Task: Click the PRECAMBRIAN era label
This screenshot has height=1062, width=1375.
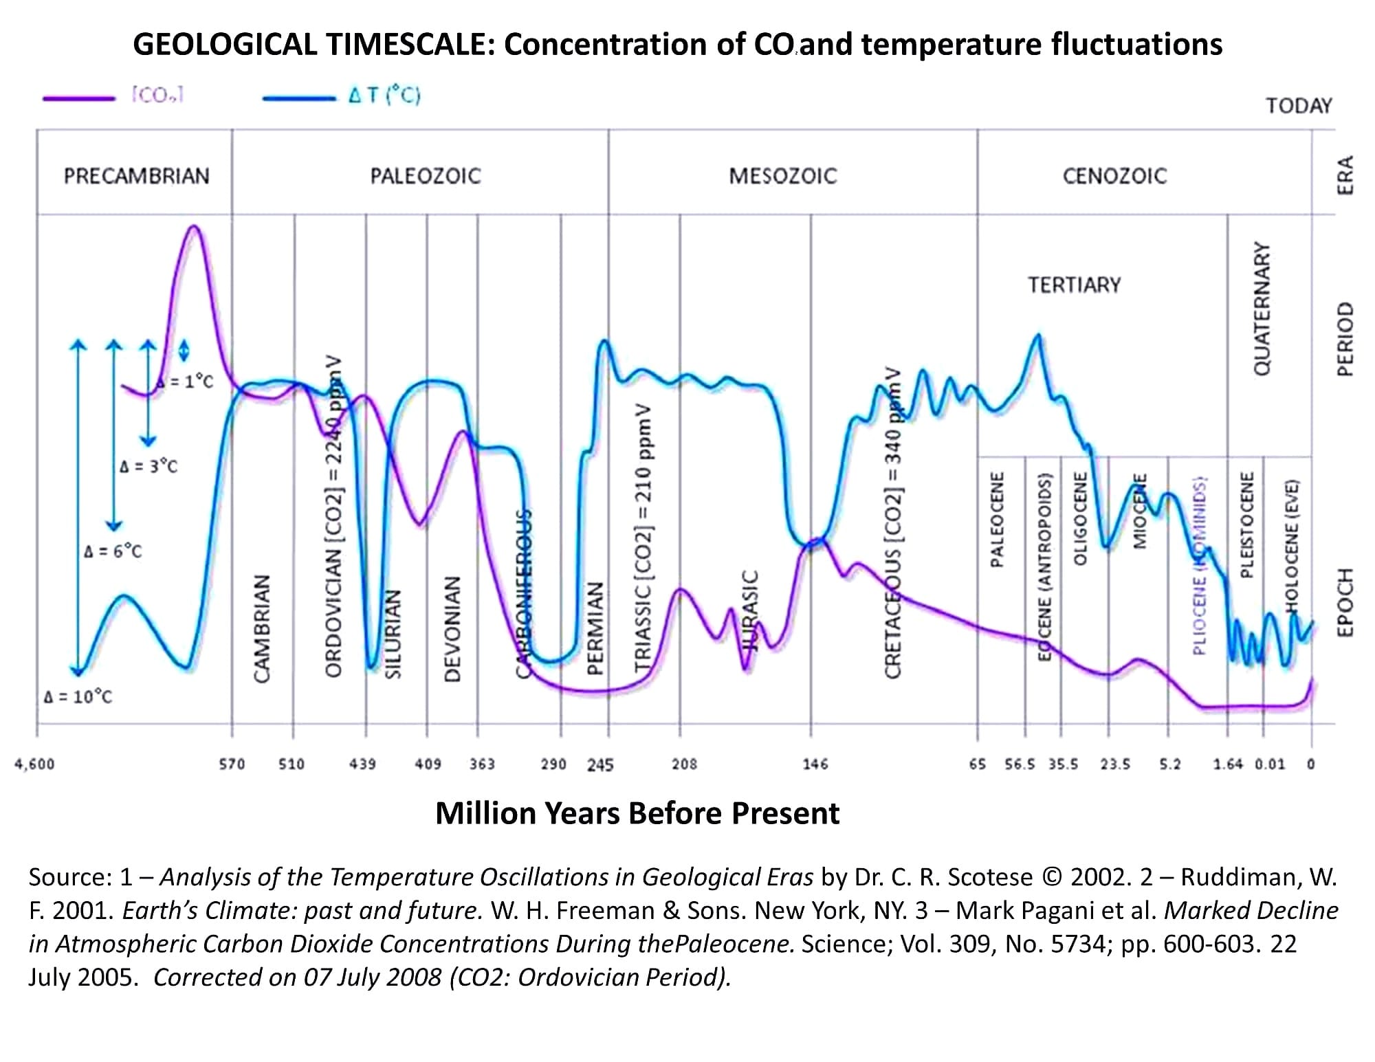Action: point(136,176)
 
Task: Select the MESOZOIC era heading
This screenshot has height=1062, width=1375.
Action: point(782,176)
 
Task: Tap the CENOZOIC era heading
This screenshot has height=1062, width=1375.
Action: point(1114,176)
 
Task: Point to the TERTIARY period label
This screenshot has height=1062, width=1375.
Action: point(1074,285)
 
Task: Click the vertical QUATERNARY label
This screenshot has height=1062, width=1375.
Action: point(1262,307)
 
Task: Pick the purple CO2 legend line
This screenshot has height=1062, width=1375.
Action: point(77,98)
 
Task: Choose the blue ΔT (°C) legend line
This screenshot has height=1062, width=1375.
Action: point(298,98)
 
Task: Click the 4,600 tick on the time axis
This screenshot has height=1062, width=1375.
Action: point(34,764)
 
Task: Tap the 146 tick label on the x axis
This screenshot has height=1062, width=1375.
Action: point(815,764)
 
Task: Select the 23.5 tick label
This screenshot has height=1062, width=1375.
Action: point(1115,764)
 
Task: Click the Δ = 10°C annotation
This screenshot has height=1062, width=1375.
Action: point(78,697)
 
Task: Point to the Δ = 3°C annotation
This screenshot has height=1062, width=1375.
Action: point(148,467)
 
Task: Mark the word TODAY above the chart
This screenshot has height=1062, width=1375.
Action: point(1299,106)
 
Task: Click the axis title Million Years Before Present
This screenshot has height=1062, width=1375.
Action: point(637,813)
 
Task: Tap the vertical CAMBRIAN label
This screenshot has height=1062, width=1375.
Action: point(261,628)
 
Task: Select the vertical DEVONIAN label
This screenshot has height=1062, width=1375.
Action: point(452,628)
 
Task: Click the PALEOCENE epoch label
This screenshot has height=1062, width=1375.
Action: point(997,519)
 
